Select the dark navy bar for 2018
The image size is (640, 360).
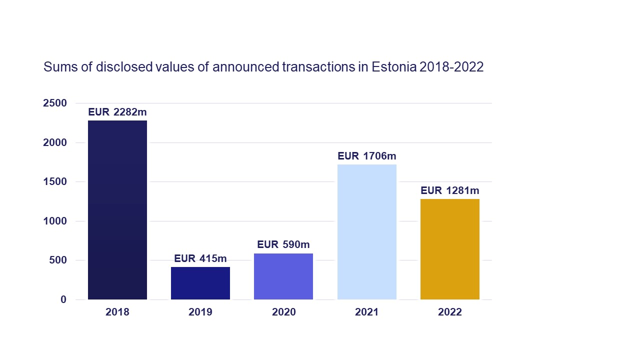coord(117,210)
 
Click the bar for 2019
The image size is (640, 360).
coord(200,283)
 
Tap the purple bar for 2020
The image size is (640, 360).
coord(283,276)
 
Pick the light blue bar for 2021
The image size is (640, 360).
coord(367,232)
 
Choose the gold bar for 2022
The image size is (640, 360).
coord(450,249)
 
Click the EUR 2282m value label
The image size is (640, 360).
coord(117,112)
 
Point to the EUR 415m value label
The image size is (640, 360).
coord(200,258)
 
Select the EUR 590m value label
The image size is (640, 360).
coord(283,244)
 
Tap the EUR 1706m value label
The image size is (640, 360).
coord(367,156)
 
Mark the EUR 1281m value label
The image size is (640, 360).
coord(450,190)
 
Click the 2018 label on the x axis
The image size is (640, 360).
coord(117,312)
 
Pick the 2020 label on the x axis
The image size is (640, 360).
coord(283,312)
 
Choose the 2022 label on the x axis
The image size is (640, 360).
coord(450,312)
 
